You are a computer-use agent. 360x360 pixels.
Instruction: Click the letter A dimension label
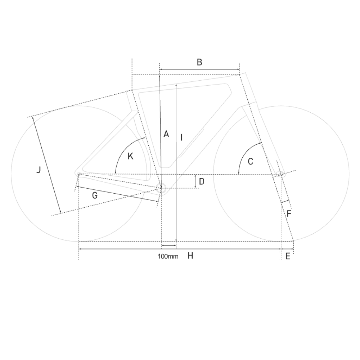(166, 134)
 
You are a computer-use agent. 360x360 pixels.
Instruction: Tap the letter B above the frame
(199, 62)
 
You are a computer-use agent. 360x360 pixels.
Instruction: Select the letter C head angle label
(251, 162)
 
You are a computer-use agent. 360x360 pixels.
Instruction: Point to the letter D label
(202, 181)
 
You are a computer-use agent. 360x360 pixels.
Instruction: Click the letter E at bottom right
(288, 257)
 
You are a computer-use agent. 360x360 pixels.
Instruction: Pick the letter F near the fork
(289, 214)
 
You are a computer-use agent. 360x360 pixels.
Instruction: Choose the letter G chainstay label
(95, 195)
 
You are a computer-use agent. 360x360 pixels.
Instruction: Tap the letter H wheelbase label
(190, 256)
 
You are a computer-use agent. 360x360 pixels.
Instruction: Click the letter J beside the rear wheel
(39, 170)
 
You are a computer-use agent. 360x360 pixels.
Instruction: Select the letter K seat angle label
(130, 156)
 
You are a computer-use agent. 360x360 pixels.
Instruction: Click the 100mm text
(168, 256)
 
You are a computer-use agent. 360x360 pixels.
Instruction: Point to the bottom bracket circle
(162, 188)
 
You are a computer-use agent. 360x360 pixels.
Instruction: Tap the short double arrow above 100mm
(168, 246)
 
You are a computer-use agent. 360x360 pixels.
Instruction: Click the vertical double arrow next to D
(195, 181)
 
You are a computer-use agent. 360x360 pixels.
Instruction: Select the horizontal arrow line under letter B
(199, 69)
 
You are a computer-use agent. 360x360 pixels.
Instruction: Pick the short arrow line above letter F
(285, 202)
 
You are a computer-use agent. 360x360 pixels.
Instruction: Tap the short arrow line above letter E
(288, 249)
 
